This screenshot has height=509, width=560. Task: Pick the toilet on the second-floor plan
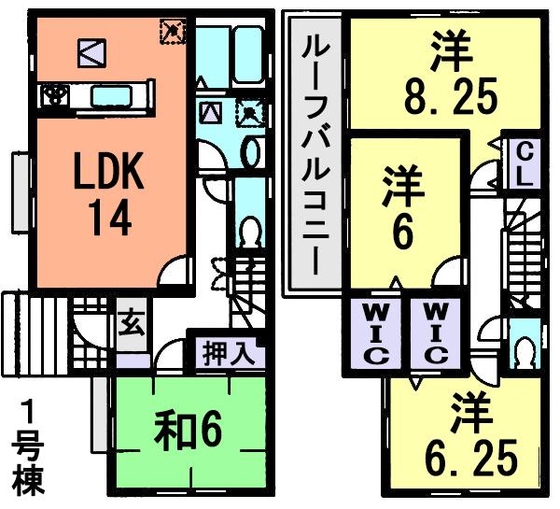click(x=525, y=349)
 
